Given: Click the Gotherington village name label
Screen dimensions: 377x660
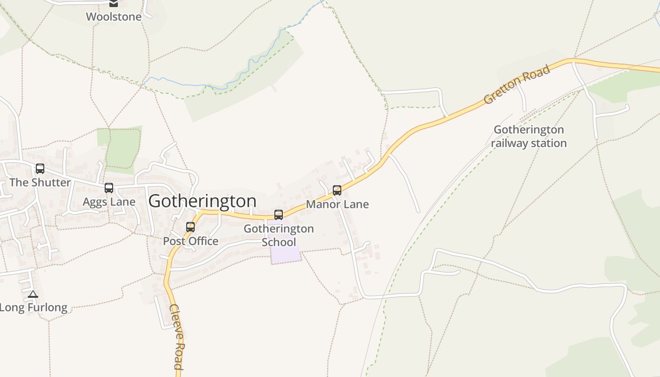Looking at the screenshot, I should pyautogui.click(x=202, y=201).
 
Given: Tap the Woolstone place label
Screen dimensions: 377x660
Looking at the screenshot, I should pyautogui.click(x=114, y=17).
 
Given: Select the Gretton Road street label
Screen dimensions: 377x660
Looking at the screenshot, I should pyautogui.click(x=517, y=85).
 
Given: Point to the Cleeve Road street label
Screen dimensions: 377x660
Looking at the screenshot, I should pyautogui.click(x=175, y=337).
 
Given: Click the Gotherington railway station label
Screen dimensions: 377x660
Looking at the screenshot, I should pyautogui.click(x=528, y=136).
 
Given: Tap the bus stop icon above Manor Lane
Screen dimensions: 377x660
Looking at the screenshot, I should pyautogui.click(x=337, y=190).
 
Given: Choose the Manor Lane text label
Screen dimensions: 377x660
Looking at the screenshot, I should pyautogui.click(x=338, y=205).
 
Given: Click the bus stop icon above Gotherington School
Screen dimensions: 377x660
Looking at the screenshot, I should pyautogui.click(x=279, y=215).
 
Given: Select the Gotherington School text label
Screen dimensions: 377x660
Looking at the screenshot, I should pyautogui.click(x=279, y=235).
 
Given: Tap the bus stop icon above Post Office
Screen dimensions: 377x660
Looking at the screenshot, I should pyautogui.click(x=190, y=227).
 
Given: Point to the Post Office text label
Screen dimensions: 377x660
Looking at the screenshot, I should pyautogui.click(x=190, y=241).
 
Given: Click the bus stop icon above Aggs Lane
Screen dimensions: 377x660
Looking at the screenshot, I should pyautogui.click(x=109, y=188).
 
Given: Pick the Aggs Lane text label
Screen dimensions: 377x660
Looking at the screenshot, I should pyautogui.click(x=109, y=202).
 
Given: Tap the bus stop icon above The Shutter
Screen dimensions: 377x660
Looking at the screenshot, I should pyautogui.click(x=40, y=168).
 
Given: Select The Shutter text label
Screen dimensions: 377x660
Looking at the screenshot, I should pyautogui.click(x=40, y=182).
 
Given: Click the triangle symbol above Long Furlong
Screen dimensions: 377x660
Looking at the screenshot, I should pyautogui.click(x=33, y=295).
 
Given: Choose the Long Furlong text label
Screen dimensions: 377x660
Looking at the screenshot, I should pyautogui.click(x=33, y=308).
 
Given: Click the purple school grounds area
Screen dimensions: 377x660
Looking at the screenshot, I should pyautogui.click(x=286, y=254).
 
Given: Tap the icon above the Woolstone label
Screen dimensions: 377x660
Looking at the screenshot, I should pyautogui.click(x=114, y=3).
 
